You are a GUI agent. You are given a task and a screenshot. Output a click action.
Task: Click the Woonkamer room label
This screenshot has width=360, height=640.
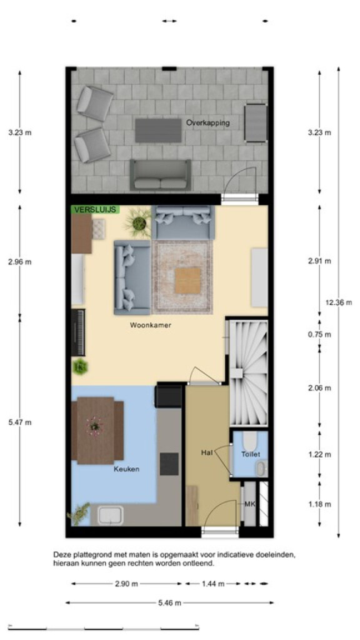click(151, 325)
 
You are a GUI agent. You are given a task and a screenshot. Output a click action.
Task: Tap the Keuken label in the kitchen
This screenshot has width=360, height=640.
click(126, 469)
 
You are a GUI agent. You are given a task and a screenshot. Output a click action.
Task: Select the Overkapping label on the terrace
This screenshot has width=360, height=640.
click(207, 123)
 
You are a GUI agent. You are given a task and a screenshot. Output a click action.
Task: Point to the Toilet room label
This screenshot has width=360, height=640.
click(251, 454)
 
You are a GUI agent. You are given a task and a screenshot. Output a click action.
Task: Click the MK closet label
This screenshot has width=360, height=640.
click(249, 504)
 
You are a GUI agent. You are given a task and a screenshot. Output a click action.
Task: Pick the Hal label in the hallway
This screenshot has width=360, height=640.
click(207, 452)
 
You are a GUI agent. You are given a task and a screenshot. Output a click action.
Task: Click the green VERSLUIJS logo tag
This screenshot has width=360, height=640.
click(96, 210)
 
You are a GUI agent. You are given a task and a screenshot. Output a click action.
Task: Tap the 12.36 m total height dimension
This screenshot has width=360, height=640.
click(339, 302)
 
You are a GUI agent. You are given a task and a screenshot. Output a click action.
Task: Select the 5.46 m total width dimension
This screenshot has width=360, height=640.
click(170, 602)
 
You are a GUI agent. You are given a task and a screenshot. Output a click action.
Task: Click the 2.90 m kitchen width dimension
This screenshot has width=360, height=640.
click(126, 584)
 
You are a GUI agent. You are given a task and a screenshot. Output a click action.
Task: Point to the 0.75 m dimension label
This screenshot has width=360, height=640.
click(319, 335)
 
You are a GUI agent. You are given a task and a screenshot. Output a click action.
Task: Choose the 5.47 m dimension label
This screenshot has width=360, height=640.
click(19, 422)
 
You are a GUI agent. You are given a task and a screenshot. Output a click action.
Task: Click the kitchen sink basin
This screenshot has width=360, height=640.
click(111, 515)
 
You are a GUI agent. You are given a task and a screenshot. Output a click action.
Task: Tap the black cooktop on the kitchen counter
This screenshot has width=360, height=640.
click(169, 464)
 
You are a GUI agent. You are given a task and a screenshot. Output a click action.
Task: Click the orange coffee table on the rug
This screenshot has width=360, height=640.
click(187, 281)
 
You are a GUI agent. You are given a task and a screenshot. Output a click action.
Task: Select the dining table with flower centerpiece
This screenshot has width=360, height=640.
click(96, 430)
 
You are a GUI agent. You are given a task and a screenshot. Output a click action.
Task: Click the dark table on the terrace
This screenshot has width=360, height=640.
click(158, 131)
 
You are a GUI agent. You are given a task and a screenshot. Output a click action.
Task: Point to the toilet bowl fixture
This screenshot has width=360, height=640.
click(250, 440)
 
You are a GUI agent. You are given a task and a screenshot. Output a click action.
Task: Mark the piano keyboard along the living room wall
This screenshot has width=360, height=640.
click(78, 332)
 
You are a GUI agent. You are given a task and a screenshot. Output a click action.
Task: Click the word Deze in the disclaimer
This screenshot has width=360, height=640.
click(62, 555)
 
